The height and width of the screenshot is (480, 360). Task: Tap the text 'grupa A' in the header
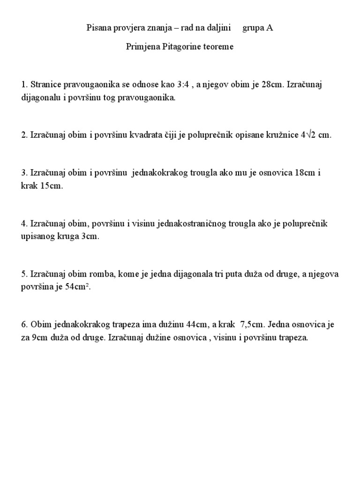[x=257, y=28]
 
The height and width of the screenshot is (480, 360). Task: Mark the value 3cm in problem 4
[x=90, y=236]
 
